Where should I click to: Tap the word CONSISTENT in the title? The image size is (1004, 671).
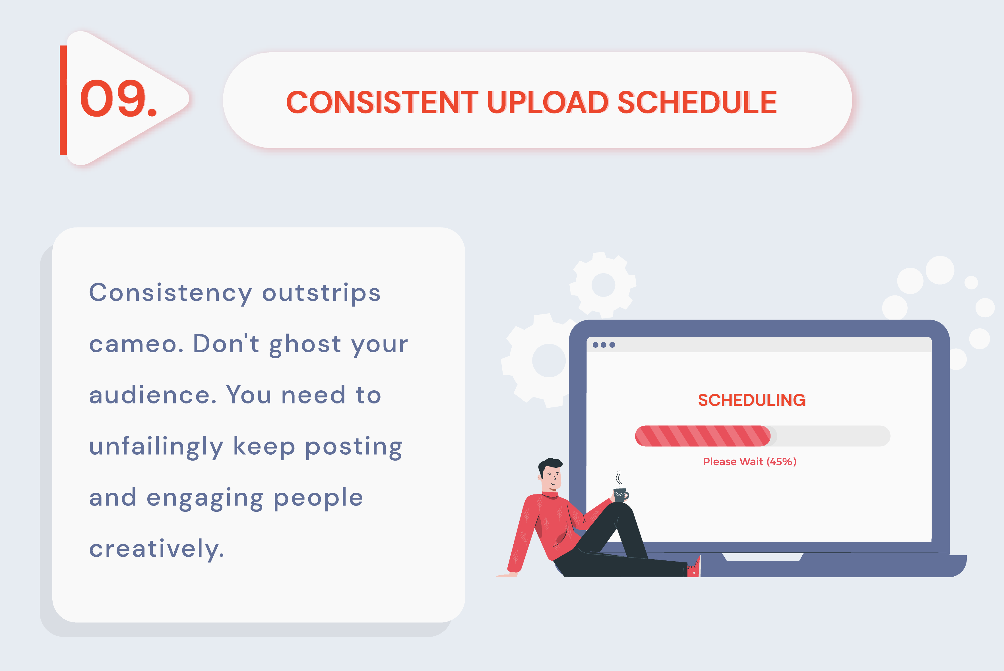point(382,103)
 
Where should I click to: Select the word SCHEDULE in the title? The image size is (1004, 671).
point(697,103)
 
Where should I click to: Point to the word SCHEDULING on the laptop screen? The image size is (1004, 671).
point(751,400)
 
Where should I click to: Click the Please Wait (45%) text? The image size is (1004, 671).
point(749,462)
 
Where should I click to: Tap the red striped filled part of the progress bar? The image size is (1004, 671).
point(702,436)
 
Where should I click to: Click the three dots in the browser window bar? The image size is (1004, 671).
point(604,345)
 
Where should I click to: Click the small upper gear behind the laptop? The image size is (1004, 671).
point(603,285)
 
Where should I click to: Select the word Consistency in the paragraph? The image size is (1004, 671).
point(170,293)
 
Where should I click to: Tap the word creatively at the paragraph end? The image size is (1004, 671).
point(156,549)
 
